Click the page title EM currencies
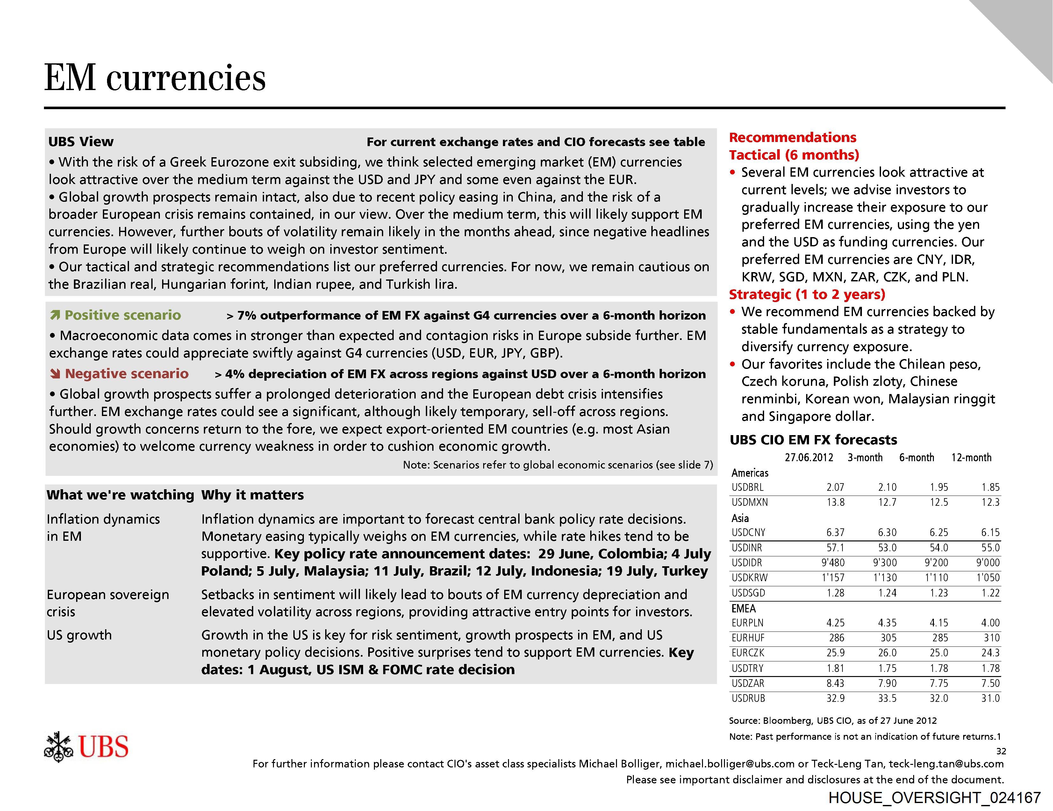click(x=155, y=78)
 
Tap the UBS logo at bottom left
click(x=86, y=746)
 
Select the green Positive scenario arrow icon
click(x=55, y=316)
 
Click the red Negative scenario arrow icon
click(x=55, y=374)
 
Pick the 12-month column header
click(x=971, y=457)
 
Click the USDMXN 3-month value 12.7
click(x=887, y=502)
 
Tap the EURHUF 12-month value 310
click(x=992, y=638)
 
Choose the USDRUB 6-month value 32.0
click(x=939, y=698)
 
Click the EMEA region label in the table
click(x=743, y=608)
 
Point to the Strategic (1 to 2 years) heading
click(x=806, y=294)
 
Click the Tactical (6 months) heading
click(x=794, y=155)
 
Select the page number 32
click(x=1001, y=751)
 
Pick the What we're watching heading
click(x=120, y=495)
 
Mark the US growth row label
click(x=79, y=635)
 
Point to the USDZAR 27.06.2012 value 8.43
click(x=835, y=683)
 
